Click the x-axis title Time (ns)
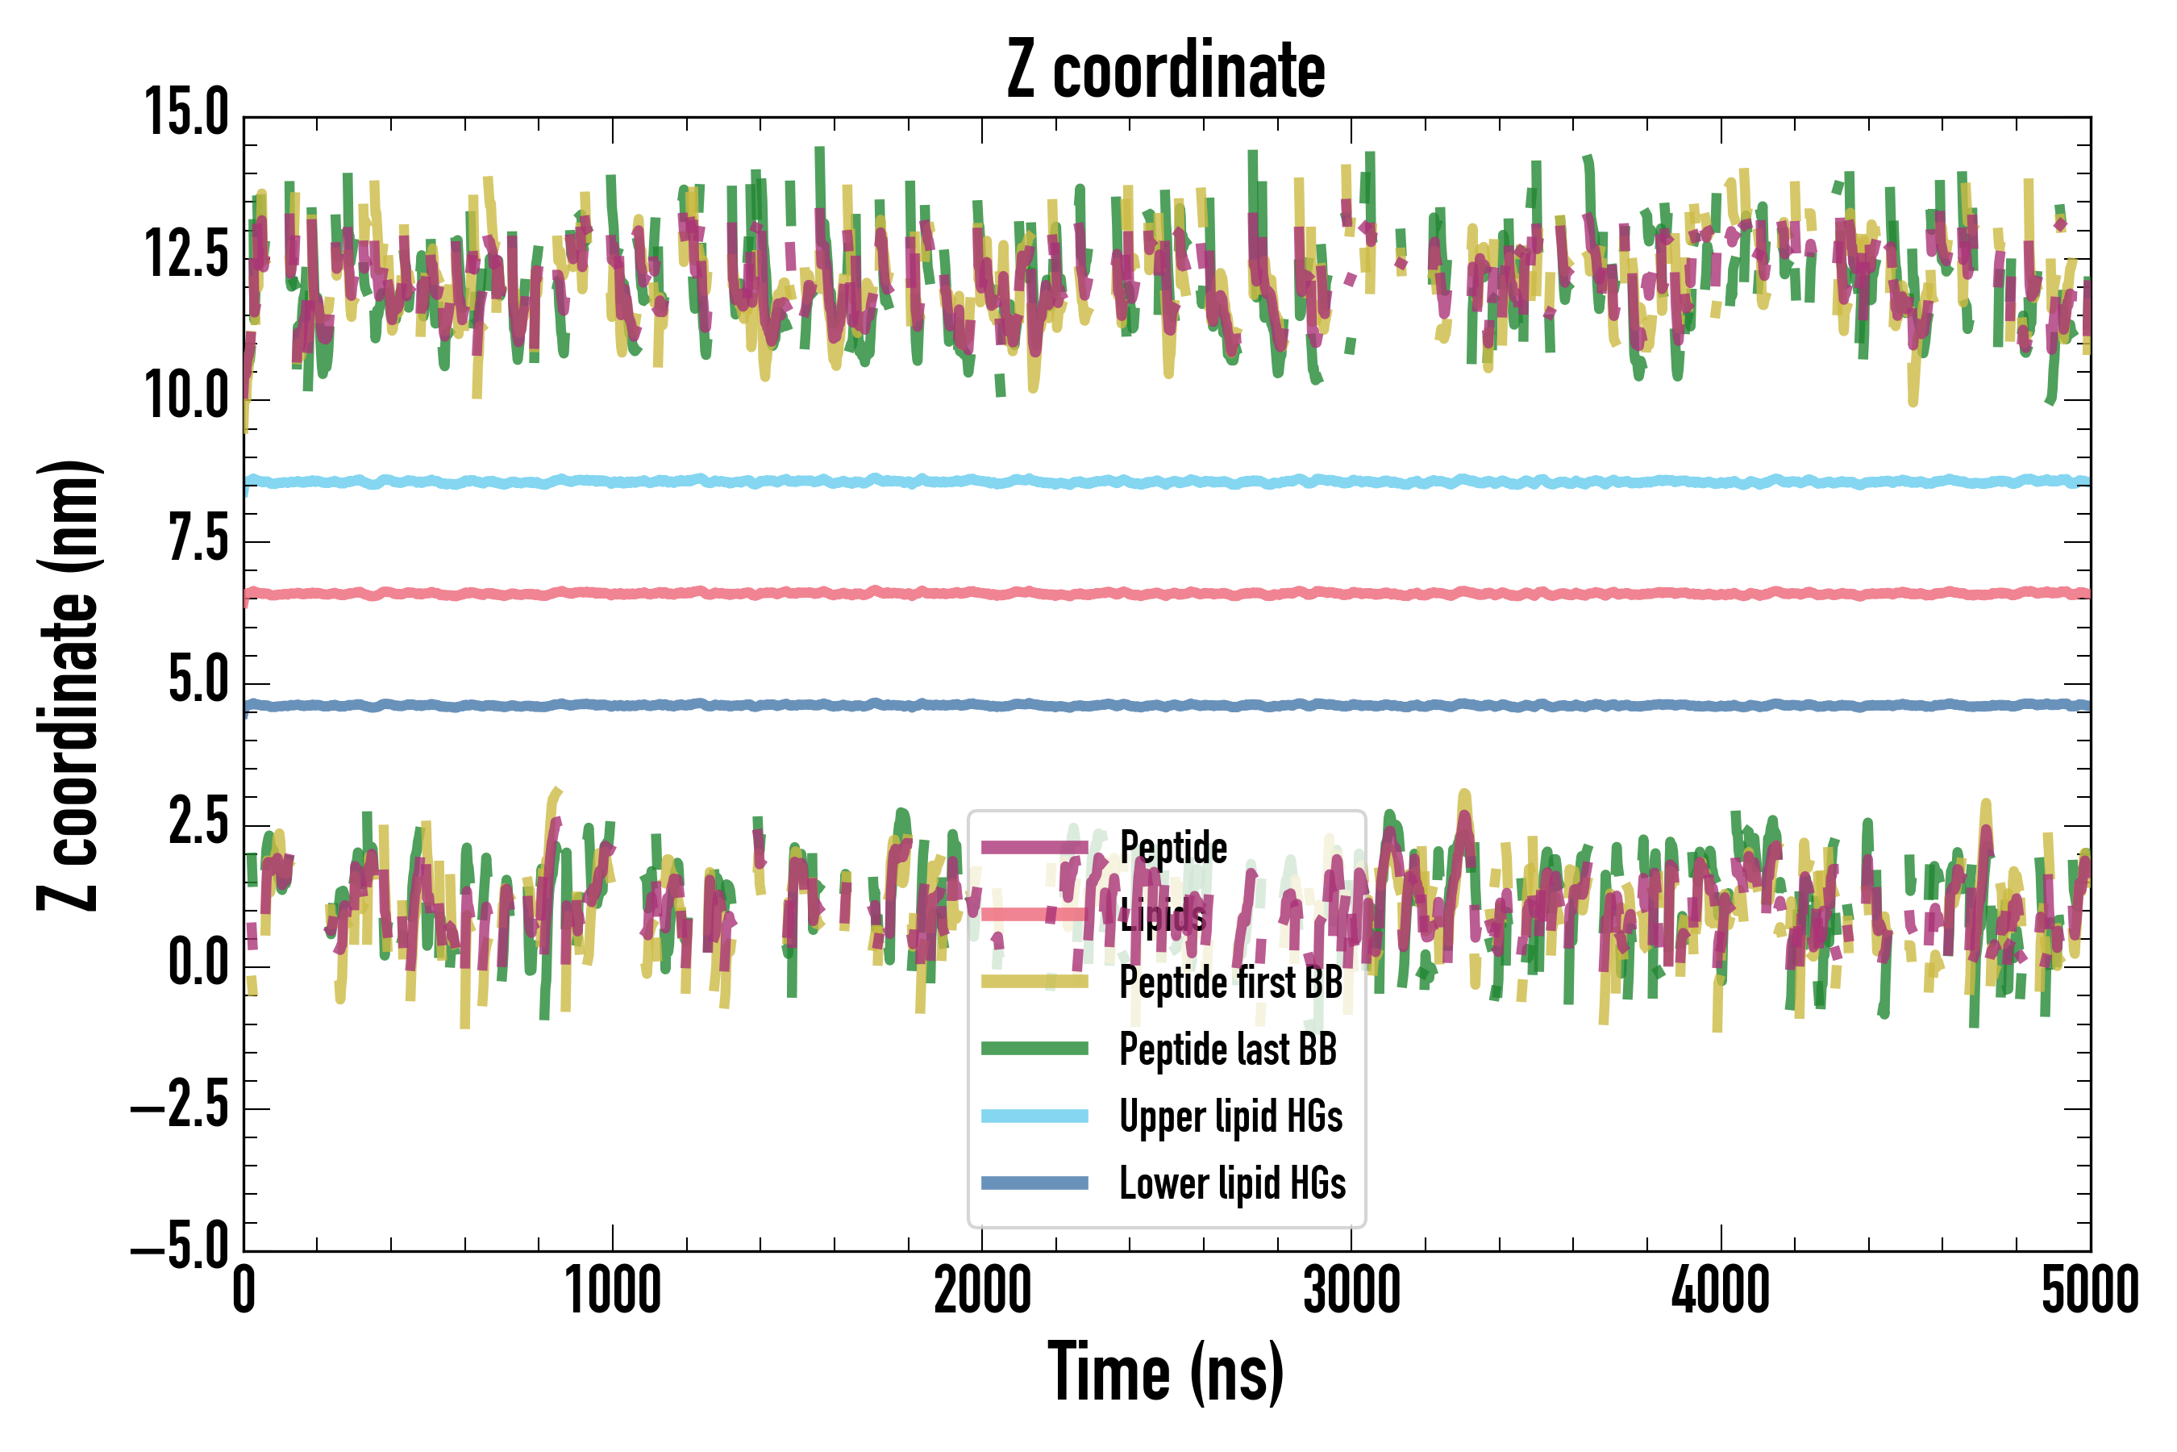[x=1166, y=1372]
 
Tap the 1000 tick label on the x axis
[x=613, y=1290]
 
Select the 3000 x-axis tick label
[x=1351, y=1290]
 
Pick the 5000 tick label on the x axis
[x=2090, y=1290]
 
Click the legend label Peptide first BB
[x=1231, y=983]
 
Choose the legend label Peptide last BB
[x=1228, y=1049]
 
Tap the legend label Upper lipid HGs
[x=1231, y=1116]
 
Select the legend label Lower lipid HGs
[x=1233, y=1183]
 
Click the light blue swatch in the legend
[x=1034, y=1116]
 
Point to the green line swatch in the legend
[x=1034, y=1048]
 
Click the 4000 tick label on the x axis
[x=1721, y=1290]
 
